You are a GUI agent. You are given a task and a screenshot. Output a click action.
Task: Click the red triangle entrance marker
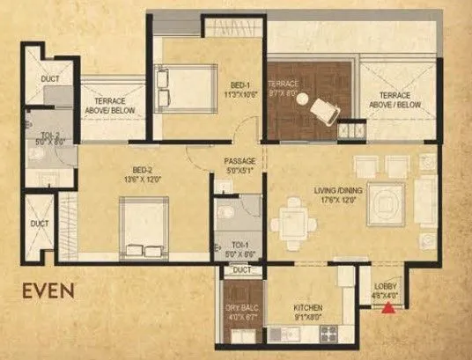(x=384, y=306)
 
